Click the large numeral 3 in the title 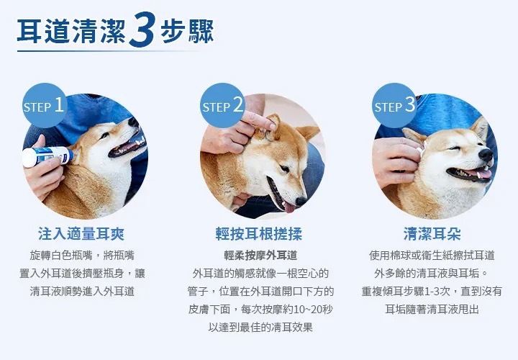tap(142, 30)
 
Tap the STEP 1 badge tap(45, 105)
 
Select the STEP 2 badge tap(222, 105)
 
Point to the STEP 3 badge tap(394, 105)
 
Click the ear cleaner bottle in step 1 tap(47, 156)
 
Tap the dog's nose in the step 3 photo tap(486, 155)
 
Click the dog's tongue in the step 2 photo tap(290, 207)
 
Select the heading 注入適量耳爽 tap(81, 234)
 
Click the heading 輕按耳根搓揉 tap(259, 234)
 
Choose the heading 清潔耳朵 tap(432, 234)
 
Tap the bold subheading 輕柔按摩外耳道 tap(260, 255)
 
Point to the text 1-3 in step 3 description tap(432, 292)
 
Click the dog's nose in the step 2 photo tap(301, 201)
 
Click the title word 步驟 tap(187, 32)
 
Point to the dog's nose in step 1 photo tap(134, 122)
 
